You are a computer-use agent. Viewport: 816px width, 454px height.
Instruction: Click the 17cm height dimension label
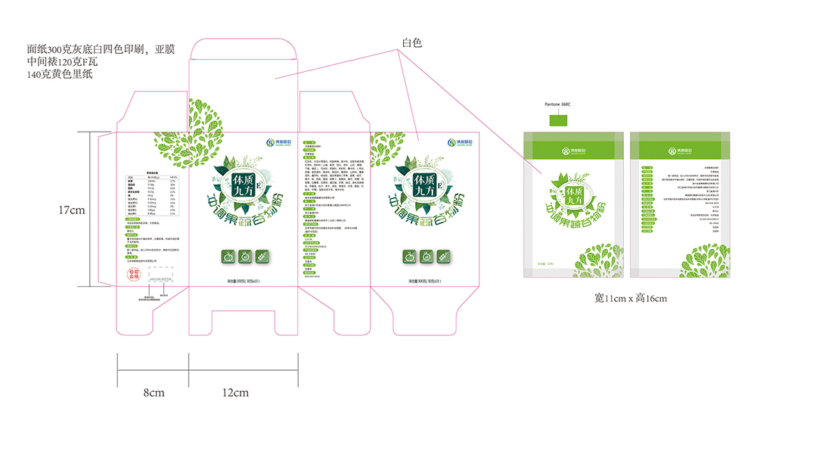73,210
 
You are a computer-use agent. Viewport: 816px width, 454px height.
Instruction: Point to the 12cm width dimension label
235,393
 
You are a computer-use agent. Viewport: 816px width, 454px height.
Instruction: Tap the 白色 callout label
411,43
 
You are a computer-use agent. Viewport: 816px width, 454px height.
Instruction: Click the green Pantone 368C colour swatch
560,120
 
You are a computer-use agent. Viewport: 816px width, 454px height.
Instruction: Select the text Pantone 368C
559,104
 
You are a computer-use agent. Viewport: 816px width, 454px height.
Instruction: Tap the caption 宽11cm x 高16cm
630,298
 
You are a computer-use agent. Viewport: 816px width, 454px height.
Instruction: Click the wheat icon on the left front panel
262,257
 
